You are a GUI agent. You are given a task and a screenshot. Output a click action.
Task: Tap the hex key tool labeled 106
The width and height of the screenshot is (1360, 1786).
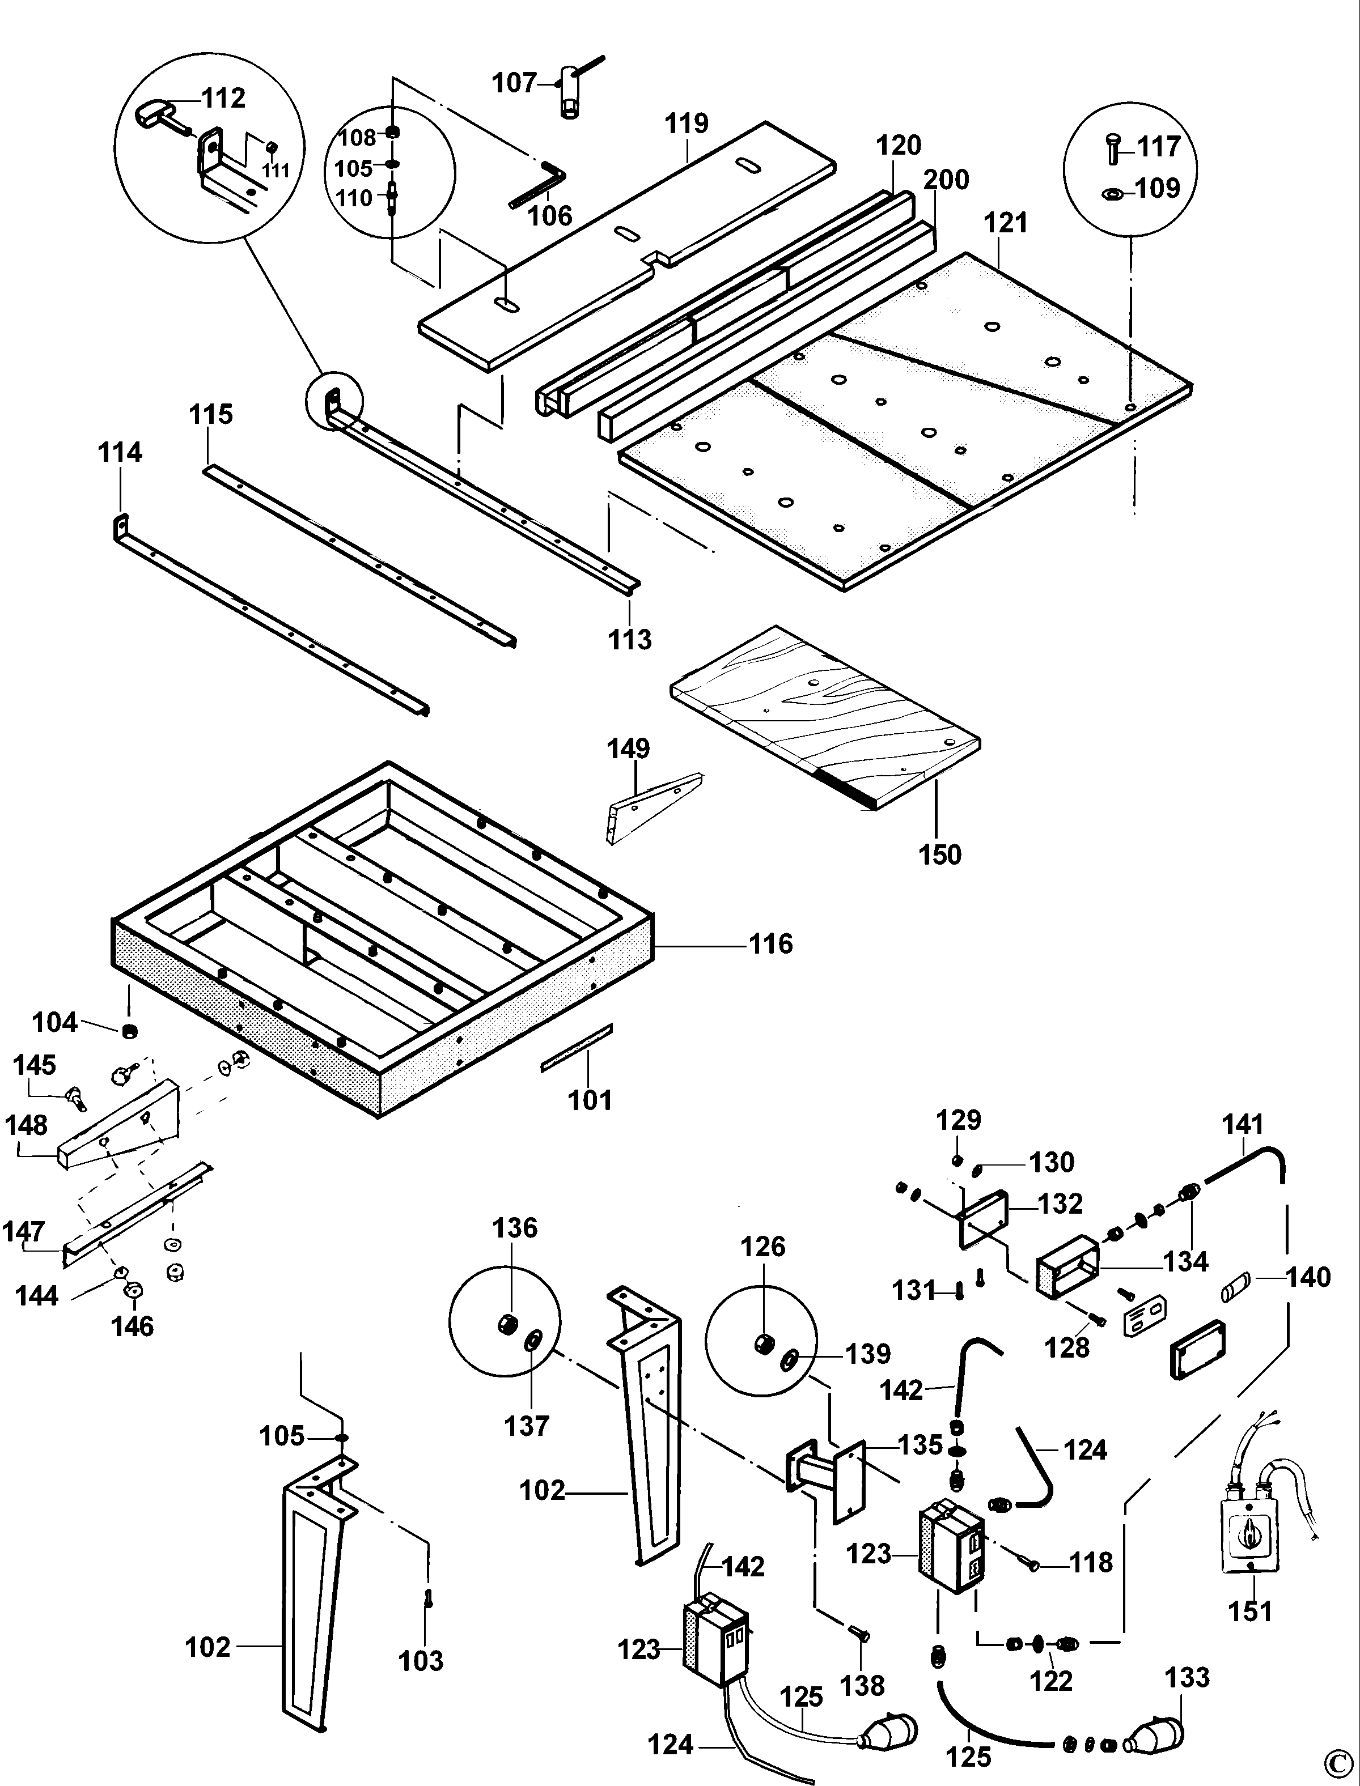(537, 185)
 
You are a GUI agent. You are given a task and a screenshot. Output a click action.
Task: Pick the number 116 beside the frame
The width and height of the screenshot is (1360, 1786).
(770, 943)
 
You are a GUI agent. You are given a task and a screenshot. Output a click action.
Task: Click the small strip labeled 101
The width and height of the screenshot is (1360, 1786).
(577, 1047)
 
